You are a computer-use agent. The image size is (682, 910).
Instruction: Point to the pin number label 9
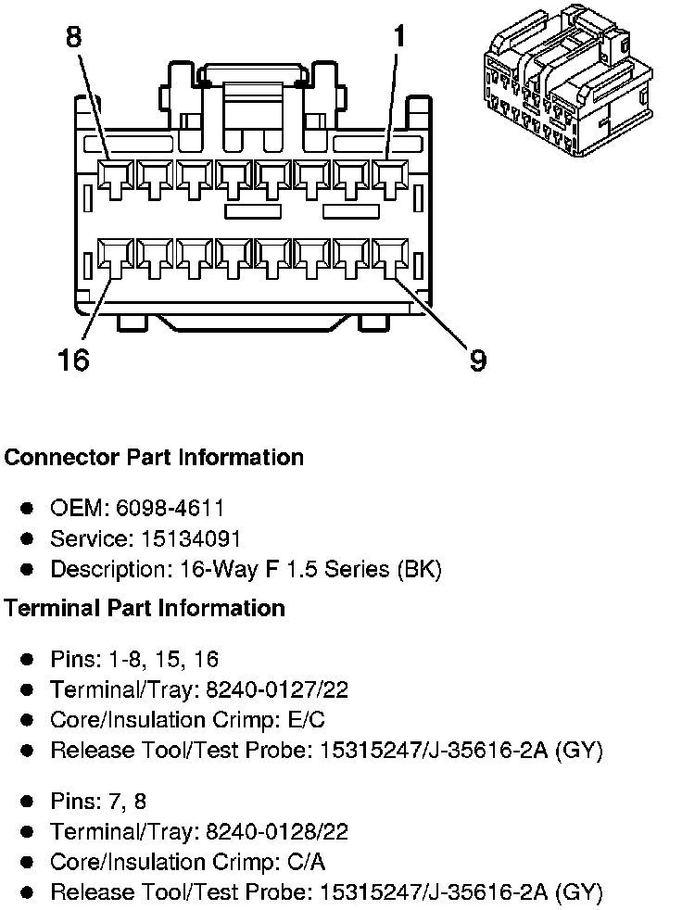coord(477,360)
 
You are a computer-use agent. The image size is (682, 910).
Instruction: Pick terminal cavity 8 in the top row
coord(116,177)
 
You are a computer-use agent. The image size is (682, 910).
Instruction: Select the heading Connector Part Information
coord(154,458)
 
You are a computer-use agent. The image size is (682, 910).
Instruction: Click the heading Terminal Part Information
coord(145,608)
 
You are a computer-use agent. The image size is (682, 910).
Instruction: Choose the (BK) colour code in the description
coord(419,569)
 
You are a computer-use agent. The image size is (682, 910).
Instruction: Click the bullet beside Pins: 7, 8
coord(28,802)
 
